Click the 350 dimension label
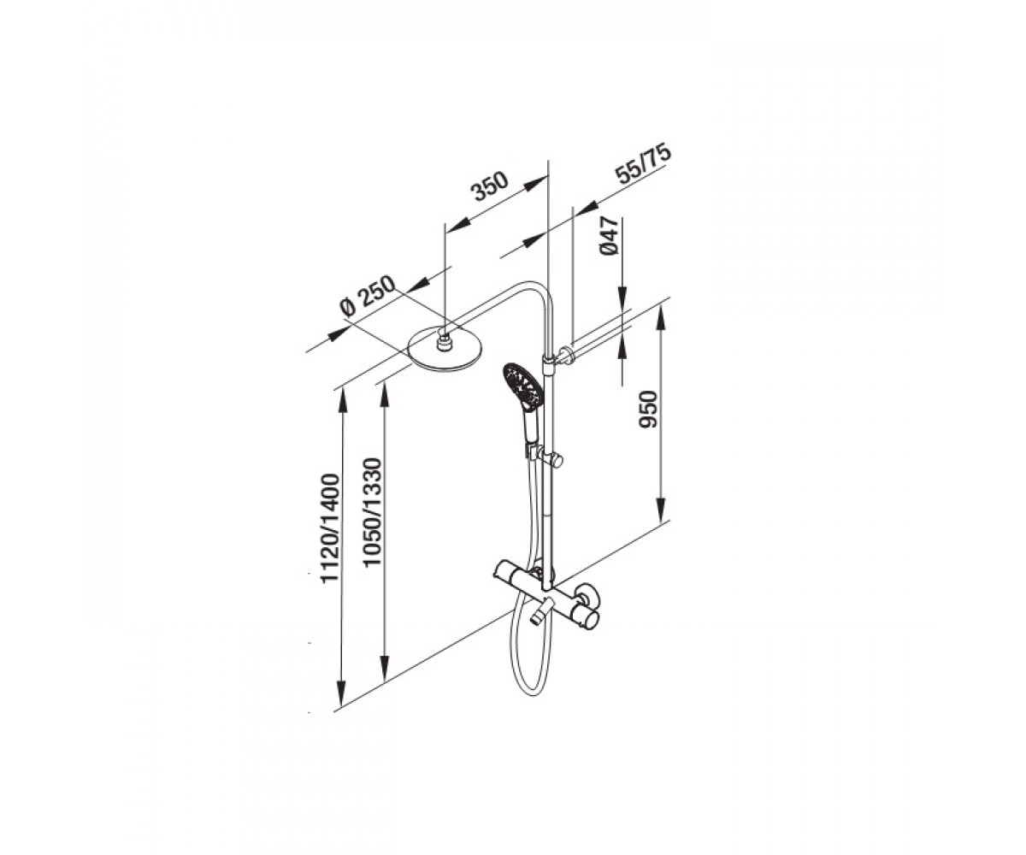pos(490,186)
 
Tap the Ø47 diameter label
pos(609,235)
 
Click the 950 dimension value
pos(648,409)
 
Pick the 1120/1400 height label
pos(329,528)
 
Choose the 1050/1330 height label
pos(372,512)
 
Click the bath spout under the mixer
pos(541,613)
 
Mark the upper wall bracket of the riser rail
pos(563,355)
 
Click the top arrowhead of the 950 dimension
pos(661,316)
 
